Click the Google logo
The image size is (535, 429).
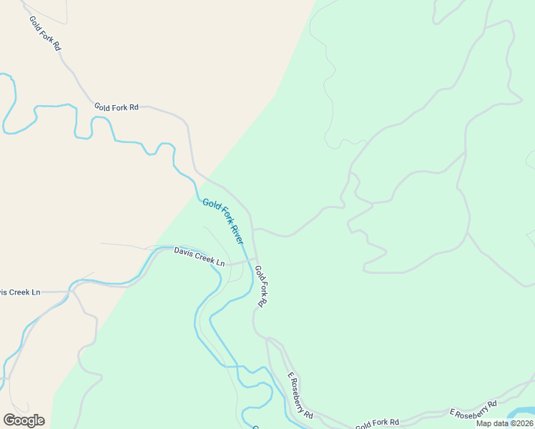pos(24,420)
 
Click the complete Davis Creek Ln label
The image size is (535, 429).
pos(200,256)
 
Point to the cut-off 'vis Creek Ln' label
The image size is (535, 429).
pos(20,292)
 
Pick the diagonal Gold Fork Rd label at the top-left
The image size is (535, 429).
pos(45,32)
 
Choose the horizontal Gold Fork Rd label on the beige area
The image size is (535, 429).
pos(116,107)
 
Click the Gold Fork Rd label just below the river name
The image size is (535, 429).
pos(261,286)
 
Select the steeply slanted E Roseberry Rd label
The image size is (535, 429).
pos(300,395)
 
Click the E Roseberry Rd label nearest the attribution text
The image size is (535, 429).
pos(473,410)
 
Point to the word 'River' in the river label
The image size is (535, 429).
pos(237,234)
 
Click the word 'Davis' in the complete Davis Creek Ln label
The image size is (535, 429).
pos(184,252)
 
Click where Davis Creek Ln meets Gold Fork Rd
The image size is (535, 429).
pos(252,260)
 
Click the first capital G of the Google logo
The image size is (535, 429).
pos(9,420)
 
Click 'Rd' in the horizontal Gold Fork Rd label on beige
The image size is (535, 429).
pos(133,107)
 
